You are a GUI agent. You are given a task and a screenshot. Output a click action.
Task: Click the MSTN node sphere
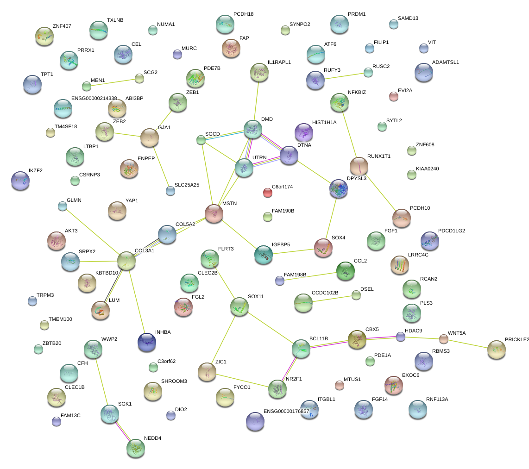click(214, 213)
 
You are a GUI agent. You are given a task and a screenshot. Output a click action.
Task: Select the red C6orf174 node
click(267, 192)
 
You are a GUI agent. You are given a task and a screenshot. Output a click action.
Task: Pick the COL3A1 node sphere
click(126, 261)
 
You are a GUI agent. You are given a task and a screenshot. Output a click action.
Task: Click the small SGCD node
click(201, 139)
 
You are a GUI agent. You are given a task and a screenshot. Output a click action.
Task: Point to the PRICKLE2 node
click(496, 350)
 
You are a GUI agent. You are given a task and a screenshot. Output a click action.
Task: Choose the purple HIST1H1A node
click(304, 132)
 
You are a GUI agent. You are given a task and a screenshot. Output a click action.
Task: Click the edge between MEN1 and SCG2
click(113, 82)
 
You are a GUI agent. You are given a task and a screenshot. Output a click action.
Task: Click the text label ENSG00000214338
click(94, 99)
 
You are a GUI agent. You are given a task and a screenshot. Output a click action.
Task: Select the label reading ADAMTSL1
click(445, 62)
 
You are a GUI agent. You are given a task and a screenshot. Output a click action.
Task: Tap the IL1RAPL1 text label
click(279, 62)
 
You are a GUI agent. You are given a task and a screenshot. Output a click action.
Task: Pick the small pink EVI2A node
click(393, 96)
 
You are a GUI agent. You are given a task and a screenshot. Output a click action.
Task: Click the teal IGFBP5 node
click(264, 255)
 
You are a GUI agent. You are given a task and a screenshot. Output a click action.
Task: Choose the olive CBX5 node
click(357, 339)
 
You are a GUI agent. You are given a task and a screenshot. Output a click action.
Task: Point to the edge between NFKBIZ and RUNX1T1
click(349, 135)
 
